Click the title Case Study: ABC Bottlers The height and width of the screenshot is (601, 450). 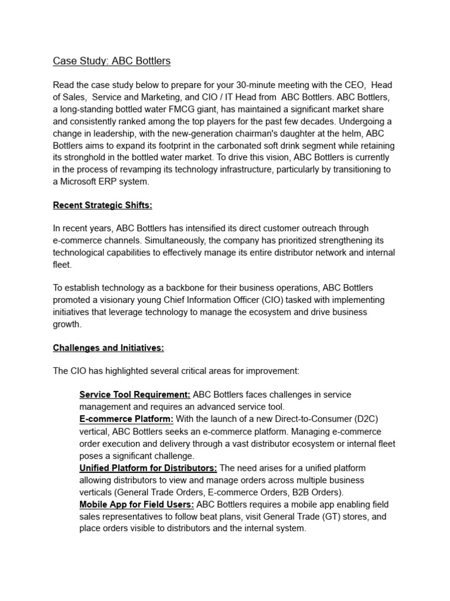click(x=112, y=61)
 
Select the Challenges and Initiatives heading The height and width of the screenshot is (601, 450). click(x=108, y=347)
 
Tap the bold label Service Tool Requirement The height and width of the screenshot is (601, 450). click(x=135, y=394)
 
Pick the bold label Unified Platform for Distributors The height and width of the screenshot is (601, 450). click(x=148, y=468)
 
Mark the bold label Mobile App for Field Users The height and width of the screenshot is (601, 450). click(x=137, y=505)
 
